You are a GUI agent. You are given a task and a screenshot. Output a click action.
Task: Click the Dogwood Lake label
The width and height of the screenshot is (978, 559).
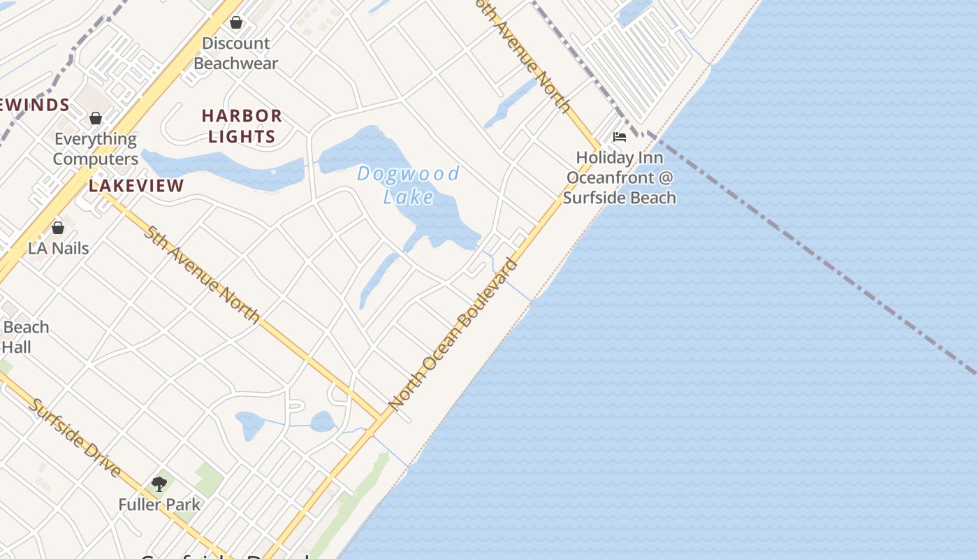[x=409, y=184]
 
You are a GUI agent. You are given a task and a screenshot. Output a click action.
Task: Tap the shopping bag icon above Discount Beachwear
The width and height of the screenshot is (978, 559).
[x=236, y=22]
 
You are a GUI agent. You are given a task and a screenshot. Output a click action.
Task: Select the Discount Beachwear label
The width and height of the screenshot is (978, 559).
[x=236, y=53]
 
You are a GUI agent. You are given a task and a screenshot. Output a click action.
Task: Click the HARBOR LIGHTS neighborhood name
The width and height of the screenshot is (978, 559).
[x=242, y=126]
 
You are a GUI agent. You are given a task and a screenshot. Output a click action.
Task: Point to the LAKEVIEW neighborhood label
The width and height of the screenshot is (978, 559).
[x=136, y=186]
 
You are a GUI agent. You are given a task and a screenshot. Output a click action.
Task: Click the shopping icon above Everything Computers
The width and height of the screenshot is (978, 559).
[x=96, y=118]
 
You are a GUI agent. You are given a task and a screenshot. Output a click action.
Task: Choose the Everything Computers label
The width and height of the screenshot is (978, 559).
[x=96, y=148]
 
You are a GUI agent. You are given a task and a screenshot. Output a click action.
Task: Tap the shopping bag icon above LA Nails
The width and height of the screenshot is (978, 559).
[x=58, y=228]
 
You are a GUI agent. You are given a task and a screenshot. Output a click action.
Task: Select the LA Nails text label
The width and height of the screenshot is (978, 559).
[x=59, y=248]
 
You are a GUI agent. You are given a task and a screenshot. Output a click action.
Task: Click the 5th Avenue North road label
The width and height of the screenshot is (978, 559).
[x=202, y=274]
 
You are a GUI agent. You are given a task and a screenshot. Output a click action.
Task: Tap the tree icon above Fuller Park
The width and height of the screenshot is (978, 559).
[x=159, y=484]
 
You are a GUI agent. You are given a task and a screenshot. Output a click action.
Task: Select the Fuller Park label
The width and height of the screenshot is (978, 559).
[x=159, y=504]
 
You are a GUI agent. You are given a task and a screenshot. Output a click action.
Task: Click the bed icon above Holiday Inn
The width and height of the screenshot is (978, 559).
[x=619, y=137]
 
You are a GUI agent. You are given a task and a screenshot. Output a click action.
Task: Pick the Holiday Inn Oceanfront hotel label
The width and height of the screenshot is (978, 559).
[x=620, y=177]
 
